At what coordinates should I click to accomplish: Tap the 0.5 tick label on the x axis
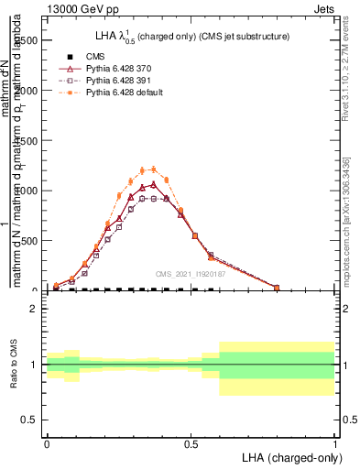click(x=191, y=444)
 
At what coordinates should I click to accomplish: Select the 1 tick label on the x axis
click(x=334, y=444)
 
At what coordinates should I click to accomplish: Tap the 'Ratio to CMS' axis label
click(x=13, y=365)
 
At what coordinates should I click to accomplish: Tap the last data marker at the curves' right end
click(x=277, y=288)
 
